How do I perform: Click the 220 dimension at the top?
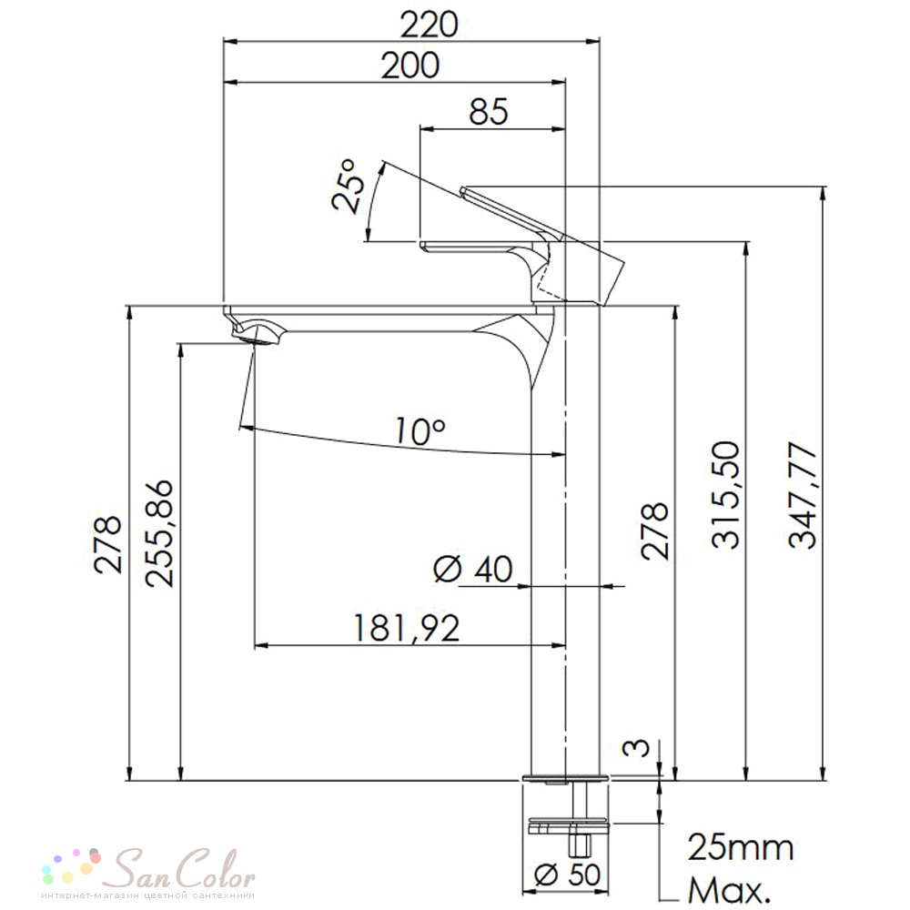tap(429, 25)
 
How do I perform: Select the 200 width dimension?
tap(409, 66)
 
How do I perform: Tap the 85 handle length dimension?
tap(488, 111)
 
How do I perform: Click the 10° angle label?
tap(420, 430)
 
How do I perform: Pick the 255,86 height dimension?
tap(159, 534)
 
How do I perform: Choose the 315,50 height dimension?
tap(726, 495)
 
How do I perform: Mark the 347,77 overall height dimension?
tap(803, 495)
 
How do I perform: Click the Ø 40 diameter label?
tap(473, 568)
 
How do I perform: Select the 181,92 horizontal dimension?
tap(406, 628)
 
